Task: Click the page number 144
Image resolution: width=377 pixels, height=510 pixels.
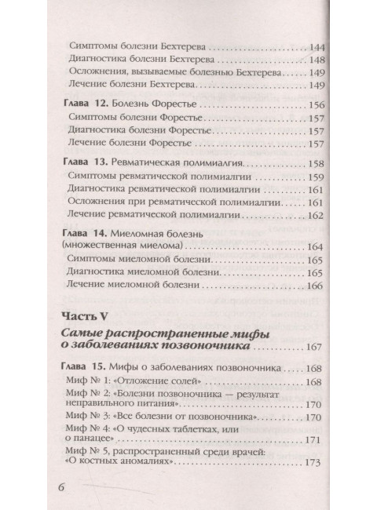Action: pos(319,46)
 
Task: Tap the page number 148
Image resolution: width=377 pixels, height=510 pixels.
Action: pos(319,60)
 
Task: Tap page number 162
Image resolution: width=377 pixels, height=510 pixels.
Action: pos(319,217)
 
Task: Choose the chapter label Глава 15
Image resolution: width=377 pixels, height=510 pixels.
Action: pos(84,368)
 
